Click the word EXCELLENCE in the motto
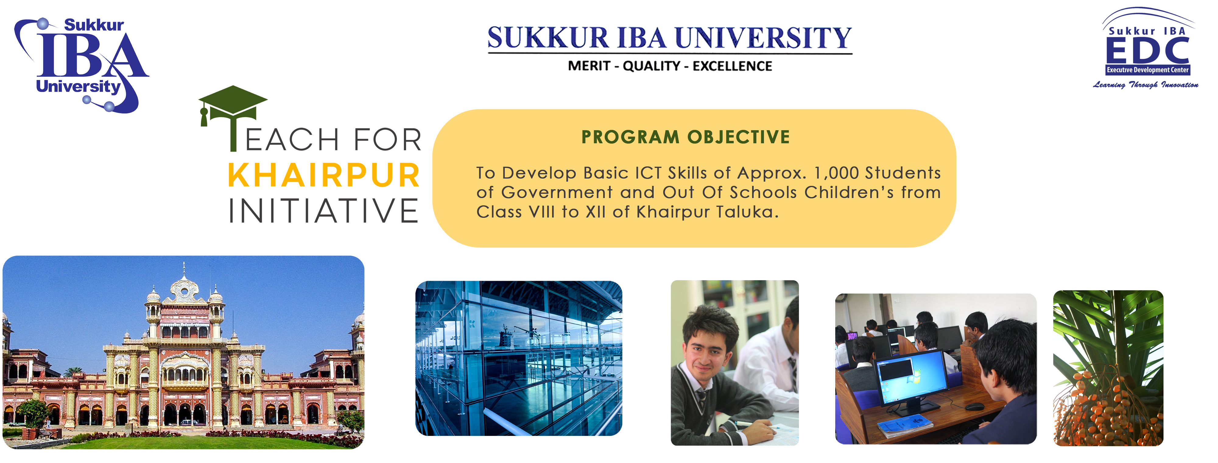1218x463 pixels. click(x=732, y=66)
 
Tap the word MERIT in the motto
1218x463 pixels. click(x=590, y=66)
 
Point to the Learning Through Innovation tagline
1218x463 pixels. click(x=1145, y=85)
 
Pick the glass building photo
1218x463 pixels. click(x=518, y=358)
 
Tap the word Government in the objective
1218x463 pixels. click(x=557, y=193)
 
